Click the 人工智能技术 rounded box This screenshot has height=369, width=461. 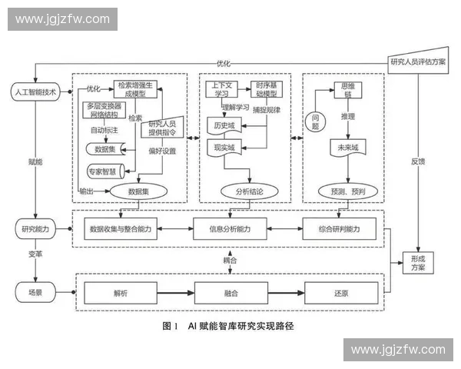click(x=35, y=91)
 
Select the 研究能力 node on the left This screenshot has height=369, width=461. click(x=35, y=229)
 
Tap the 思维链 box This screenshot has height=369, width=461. click(x=342, y=89)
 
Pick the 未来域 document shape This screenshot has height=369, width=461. click(x=342, y=148)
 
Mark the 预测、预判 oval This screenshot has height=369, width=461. click(x=343, y=190)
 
